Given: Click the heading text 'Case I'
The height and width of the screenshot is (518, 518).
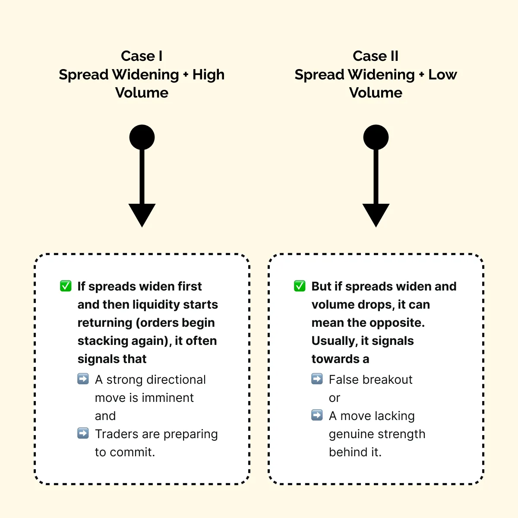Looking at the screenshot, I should point(142,56).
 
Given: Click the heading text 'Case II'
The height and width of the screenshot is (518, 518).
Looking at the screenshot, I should point(376,56).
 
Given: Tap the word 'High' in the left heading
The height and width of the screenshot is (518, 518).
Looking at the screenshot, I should point(208,75).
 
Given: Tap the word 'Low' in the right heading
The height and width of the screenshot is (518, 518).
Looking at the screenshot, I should point(442,75).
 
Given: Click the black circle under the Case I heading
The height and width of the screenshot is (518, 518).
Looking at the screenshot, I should point(142,137).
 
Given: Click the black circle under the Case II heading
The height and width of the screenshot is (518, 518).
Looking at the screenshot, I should point(376,137).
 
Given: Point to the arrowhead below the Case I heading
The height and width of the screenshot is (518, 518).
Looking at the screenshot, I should point(142,215).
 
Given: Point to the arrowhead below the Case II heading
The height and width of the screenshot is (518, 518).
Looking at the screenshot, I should point(376,215).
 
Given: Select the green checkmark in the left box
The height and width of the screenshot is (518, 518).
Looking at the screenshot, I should point(66,286).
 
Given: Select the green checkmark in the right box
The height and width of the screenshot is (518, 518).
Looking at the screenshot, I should point(300,286).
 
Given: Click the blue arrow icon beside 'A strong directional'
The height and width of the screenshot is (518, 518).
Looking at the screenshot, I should point(83,379).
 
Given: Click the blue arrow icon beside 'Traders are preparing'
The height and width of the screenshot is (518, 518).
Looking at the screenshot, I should point(83,433).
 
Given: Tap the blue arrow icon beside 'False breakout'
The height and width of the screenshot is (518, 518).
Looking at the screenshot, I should point(317,379).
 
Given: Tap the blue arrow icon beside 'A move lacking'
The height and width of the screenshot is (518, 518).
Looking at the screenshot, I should point(317,415).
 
